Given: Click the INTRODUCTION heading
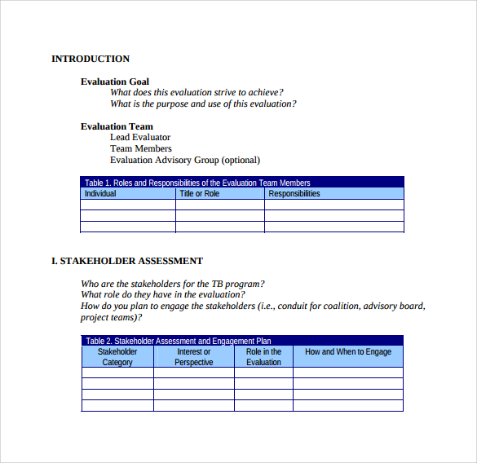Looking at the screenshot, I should pyautogui.click(x=91, y=59).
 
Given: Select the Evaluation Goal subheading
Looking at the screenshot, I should pyautogui.click(x=115, y=82).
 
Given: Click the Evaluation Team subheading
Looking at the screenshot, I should pyautogui.click(x=117, y=126).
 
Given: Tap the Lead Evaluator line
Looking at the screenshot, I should pyautogui.click(x=140, y=138).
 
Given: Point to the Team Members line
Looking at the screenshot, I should pyautogui.click(x=141, y=149).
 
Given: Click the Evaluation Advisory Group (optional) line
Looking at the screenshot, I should pyautogui.click(x=185, y=161).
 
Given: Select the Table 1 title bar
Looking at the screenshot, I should pyautogui.click(x=242, y=183).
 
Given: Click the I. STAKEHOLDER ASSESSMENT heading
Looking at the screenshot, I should pyautogui.click(x=127, y=261).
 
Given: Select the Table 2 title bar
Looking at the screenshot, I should pyautogui.click(x=242, y=341).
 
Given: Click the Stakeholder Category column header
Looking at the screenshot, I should pyautogui.click(x=117, y=357).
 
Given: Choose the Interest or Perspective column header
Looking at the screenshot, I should pyautogui.click(x=194, y=357).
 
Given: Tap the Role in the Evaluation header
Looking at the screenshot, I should pyautogui.click(x=263, y=357).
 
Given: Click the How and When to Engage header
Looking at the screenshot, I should pyautogui.click(x=348, y=352).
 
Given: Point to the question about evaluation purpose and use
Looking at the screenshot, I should pyautogui.click(x=203, y=104).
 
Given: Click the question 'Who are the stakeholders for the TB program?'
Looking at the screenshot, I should pyautogui.click(x=172, y=284).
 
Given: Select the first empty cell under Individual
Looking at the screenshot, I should pyautogui.click(x=128, y=205).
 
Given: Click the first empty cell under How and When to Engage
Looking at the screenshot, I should pyautogui.click(x=348, y=373).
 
